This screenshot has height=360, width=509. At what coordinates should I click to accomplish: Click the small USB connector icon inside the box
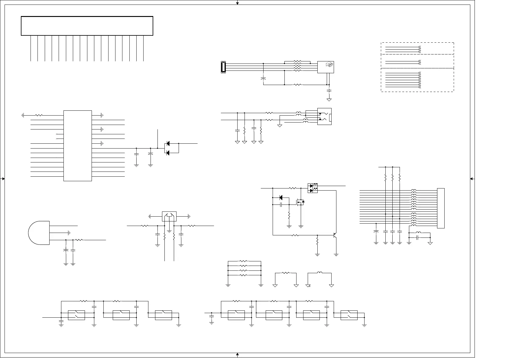(329, 64)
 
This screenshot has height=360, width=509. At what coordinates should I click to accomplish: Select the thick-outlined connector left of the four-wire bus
(223, 67)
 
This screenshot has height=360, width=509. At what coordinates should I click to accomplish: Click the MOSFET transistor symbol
(300, 201)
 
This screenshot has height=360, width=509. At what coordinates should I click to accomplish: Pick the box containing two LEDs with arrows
(313, 188)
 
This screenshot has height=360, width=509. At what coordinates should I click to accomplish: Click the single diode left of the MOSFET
(280, 198)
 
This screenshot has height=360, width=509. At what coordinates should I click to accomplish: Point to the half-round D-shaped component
(39, 233)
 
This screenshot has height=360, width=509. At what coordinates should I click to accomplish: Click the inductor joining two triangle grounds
(319, 273)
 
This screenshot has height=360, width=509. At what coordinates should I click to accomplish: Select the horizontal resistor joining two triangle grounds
(286, 273)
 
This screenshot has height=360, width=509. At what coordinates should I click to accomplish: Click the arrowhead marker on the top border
(238, 3)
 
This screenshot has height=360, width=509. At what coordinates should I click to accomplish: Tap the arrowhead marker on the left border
(3, 179)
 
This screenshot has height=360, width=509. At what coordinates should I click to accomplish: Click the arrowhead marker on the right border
(472, 179)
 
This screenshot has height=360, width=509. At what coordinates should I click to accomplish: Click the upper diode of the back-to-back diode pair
(168, 143)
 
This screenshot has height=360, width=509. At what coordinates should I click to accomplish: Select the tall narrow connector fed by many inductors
(441, 208)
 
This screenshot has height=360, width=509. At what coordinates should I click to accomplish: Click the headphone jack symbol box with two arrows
(324, 116)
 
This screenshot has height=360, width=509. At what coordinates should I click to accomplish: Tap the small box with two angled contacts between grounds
(169, 216)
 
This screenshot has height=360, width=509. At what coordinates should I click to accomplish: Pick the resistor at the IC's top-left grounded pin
(39, 115)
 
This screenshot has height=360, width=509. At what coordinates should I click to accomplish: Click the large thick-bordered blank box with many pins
(87, 26)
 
